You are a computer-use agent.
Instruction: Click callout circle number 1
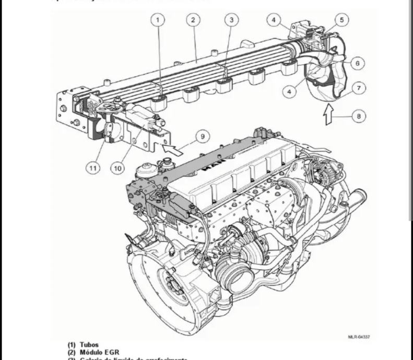[158, 20]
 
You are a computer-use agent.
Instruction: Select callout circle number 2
[193, 20]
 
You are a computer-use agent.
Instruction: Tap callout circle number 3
[231, 20]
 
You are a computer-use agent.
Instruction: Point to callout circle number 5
[341, 20]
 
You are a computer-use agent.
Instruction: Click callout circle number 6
[357, 63]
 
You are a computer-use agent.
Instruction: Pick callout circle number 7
[359, 88]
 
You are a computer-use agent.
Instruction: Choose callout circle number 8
[359, 116]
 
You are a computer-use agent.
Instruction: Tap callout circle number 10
[117, 168]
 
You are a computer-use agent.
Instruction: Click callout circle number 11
[92, 168]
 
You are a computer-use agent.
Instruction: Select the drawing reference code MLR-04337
[359, 338]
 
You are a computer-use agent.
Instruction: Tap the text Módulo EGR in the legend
[99, 353]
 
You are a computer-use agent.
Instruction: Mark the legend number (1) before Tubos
[71, 345]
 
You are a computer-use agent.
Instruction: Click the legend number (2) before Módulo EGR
[71, 353]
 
